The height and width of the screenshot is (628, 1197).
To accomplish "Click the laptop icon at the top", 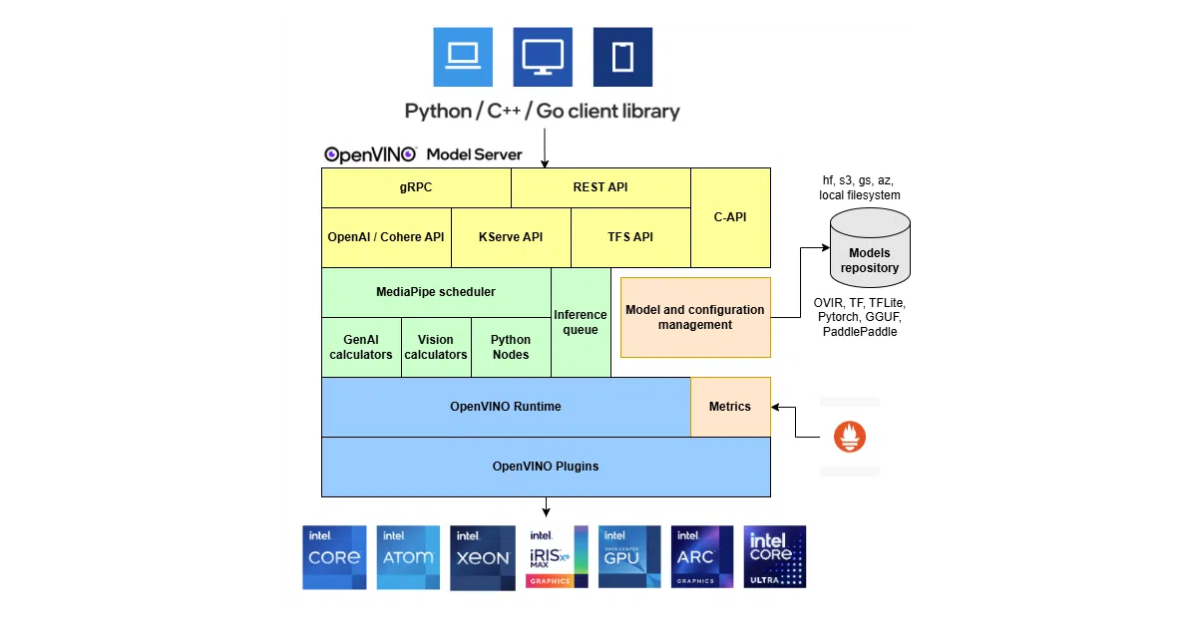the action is click(463, 57).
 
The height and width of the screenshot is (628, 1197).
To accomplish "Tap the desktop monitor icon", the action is click(543, 57).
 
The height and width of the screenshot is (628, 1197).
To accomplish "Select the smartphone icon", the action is click(622, 57).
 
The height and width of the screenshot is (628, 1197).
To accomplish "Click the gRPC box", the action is click(416, 188).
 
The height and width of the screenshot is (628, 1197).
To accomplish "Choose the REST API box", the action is click(600, 188).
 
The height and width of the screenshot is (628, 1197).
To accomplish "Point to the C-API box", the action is click(730, 218).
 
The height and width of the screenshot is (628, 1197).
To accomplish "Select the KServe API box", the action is click(511, 237).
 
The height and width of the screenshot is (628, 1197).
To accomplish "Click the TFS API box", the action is click(630, 237).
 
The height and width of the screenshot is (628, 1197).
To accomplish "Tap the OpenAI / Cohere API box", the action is click(386, 237).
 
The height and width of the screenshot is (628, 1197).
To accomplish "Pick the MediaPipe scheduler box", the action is click(436, 293).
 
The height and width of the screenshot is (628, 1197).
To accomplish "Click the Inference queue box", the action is click(581, 323).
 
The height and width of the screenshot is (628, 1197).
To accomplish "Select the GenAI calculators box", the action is click(361, 348).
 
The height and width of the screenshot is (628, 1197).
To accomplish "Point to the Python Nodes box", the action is click(511, 348).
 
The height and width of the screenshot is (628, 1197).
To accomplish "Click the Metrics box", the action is click(730, 407).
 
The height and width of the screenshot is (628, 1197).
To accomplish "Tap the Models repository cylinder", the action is click(870, 248).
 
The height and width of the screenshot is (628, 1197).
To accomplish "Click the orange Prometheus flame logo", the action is click(850, 437).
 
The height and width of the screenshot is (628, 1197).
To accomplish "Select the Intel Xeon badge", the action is click(483, 557).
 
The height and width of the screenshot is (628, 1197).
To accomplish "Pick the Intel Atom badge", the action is click(408, 557).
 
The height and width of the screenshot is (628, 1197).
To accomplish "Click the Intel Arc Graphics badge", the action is click(702, 557).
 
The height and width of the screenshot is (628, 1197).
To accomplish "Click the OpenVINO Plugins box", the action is click(547, 467).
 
